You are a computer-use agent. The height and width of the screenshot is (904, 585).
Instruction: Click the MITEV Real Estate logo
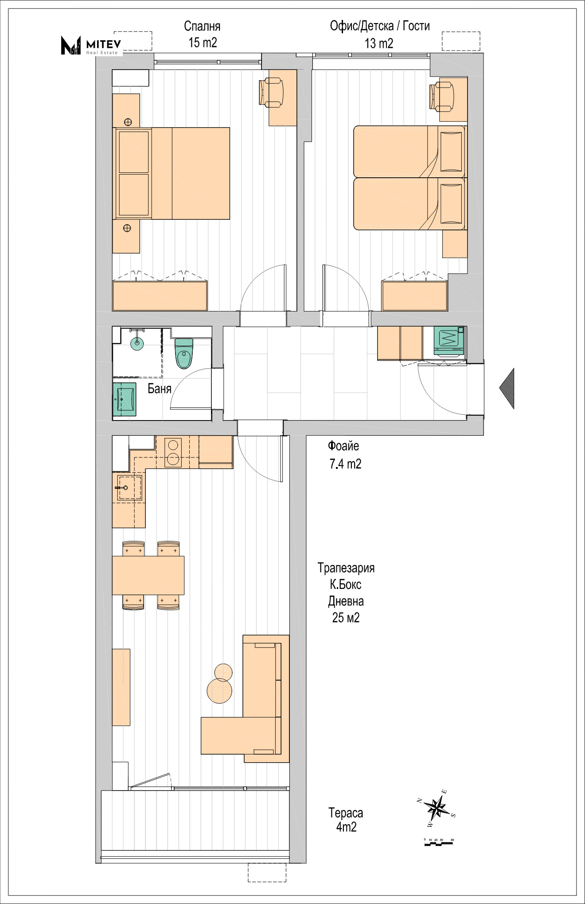coord(91,45)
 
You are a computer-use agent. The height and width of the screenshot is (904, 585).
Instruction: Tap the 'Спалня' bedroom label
coord(202,26)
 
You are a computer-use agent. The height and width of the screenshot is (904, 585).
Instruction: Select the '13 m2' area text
coord(379,43)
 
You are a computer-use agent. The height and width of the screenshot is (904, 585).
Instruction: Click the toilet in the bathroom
coord(184,353)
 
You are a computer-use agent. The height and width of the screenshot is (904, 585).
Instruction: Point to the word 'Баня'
coord(160,389)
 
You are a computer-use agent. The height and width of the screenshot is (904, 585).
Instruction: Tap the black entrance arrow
coord(507,388)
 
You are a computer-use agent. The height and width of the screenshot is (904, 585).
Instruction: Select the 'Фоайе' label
coord(343,446)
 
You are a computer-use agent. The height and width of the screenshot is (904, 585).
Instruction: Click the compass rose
coord(437,808)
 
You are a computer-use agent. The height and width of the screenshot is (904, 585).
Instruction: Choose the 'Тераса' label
coord(346,813)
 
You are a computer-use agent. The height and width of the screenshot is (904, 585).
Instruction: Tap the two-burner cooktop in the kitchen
coord(173,452)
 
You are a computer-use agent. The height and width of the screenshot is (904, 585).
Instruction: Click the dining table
coord(148,575)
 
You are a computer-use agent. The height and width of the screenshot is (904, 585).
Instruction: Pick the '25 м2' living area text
coord(346,617)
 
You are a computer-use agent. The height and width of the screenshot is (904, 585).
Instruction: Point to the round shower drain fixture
coord(137,342)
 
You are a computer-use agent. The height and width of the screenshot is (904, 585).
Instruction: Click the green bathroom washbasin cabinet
coord(125,400)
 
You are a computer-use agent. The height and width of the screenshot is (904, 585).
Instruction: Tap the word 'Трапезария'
coord(346,568)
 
